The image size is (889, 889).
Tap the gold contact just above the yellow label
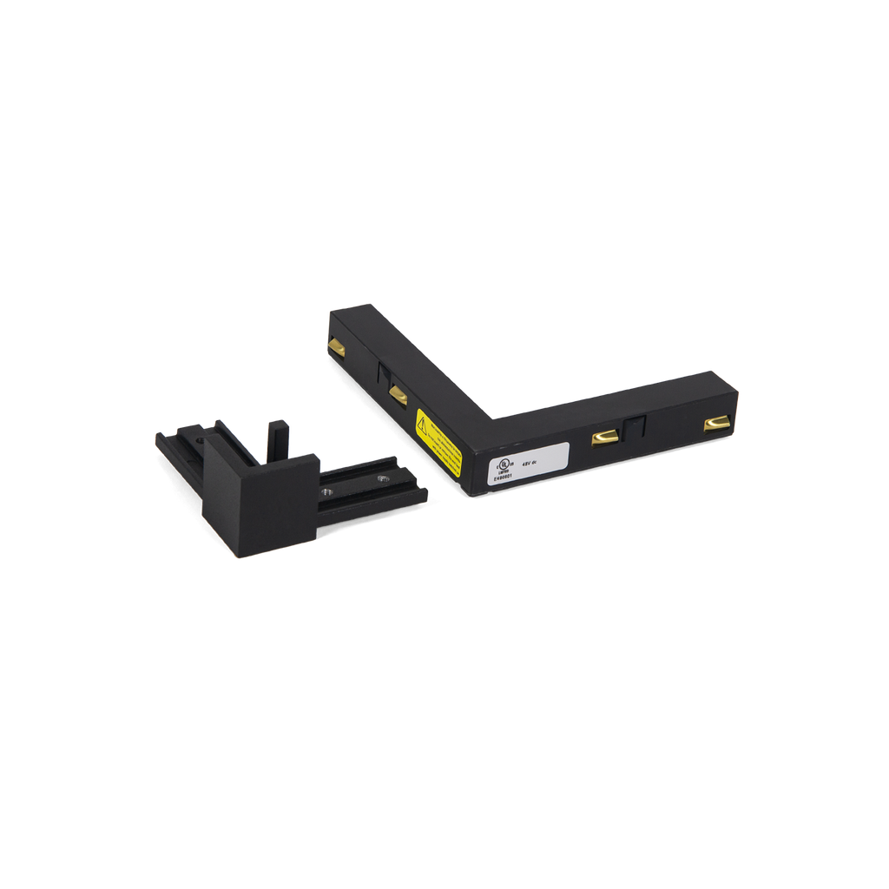[398, 394]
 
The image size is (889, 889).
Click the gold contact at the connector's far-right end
[717, 423]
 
